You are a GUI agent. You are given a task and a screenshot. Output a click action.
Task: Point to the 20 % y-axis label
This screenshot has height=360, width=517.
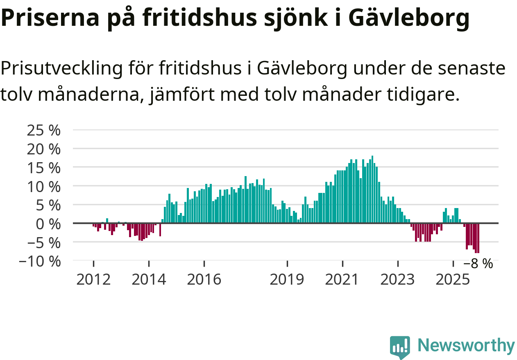tap(43, 149)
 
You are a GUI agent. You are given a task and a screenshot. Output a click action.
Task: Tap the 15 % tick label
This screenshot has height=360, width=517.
tap(43, 168)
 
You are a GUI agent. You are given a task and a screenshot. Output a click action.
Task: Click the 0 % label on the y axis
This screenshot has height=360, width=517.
tap(48, 224)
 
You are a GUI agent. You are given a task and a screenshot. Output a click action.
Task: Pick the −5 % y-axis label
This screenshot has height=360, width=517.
tap(40, 242)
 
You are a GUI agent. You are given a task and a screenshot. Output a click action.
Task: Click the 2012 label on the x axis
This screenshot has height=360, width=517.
tap(93, 280)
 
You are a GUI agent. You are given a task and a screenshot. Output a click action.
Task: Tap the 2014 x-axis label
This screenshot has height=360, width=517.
tap(149, 280)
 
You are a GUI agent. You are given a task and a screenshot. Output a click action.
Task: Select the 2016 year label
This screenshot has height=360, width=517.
tap(204, 280)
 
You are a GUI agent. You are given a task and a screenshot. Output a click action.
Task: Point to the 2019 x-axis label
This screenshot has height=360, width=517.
tap(287, 280)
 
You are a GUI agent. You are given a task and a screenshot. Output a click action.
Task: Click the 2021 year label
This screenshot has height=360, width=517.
tap(342, 280)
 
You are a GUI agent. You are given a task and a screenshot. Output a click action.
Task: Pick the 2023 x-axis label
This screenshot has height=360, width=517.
tap(398, 280)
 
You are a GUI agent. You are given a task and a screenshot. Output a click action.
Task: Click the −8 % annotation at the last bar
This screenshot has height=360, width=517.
tap(478, 264)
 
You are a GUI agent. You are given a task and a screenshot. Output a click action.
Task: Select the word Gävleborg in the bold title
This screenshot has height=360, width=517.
tap(410, 18)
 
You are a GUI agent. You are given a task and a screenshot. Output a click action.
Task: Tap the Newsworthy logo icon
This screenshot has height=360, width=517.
tap(400, 347)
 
